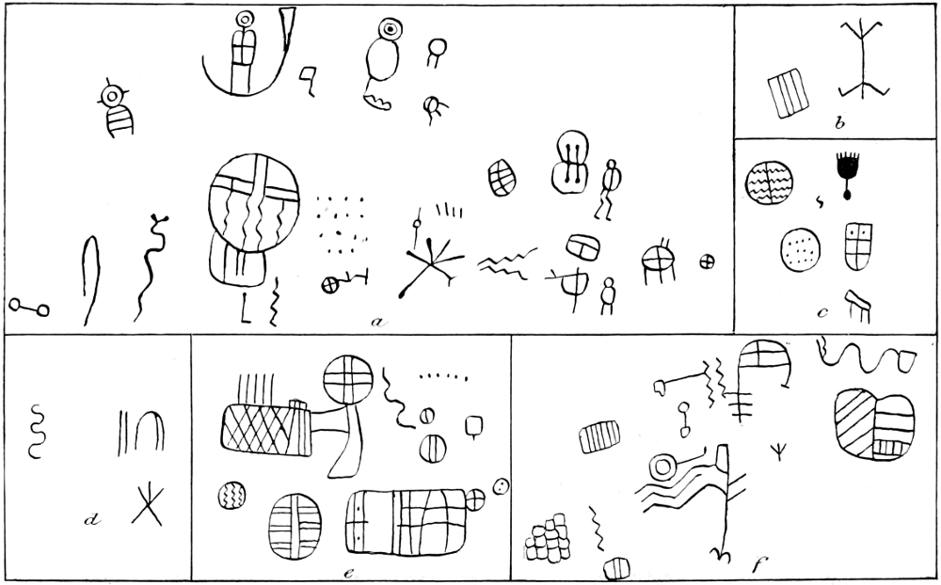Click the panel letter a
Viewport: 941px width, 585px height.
(377, 323)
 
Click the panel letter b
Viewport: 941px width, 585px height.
(839, 123)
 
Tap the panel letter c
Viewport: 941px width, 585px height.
(822, 312)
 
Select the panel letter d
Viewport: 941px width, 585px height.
(92, 519)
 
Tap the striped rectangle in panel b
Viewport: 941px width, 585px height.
(788, 92)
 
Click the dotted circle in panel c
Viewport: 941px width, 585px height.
(801, 249)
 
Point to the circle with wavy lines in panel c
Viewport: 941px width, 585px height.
(769, 182)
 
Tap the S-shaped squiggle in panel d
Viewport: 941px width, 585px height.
(36, 432)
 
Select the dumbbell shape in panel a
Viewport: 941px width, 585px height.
(29, 308)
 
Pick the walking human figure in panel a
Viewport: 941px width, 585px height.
(607, 189)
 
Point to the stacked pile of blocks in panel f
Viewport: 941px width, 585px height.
(548, 538)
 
